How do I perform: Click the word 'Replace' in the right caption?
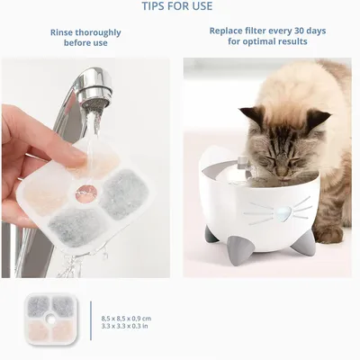[229, 29]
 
